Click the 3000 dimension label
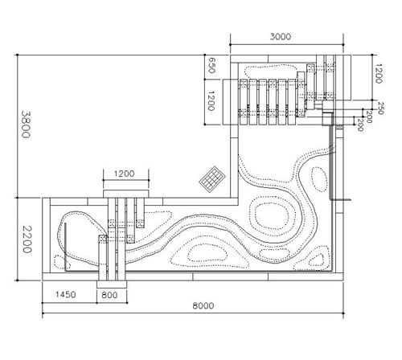(280, 37)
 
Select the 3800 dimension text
(26, 124)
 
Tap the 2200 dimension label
(27, 239)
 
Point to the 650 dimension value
(211, 65)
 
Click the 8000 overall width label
(203, 305)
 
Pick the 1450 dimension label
(65, 295)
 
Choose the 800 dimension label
(109, 295)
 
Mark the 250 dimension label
(380, 108)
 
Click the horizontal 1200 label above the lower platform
(124, 174)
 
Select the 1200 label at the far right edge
(379, 73)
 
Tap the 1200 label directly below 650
(211, 101)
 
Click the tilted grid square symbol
(212, 178)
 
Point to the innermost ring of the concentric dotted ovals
(272, 215)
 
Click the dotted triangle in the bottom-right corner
(317, 260)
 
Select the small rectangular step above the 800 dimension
(112, 284)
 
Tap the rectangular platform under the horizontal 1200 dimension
(125, 194)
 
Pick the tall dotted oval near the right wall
(319, 179)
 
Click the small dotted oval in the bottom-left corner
(62, 262)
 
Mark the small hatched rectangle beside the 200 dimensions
(340, 127)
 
